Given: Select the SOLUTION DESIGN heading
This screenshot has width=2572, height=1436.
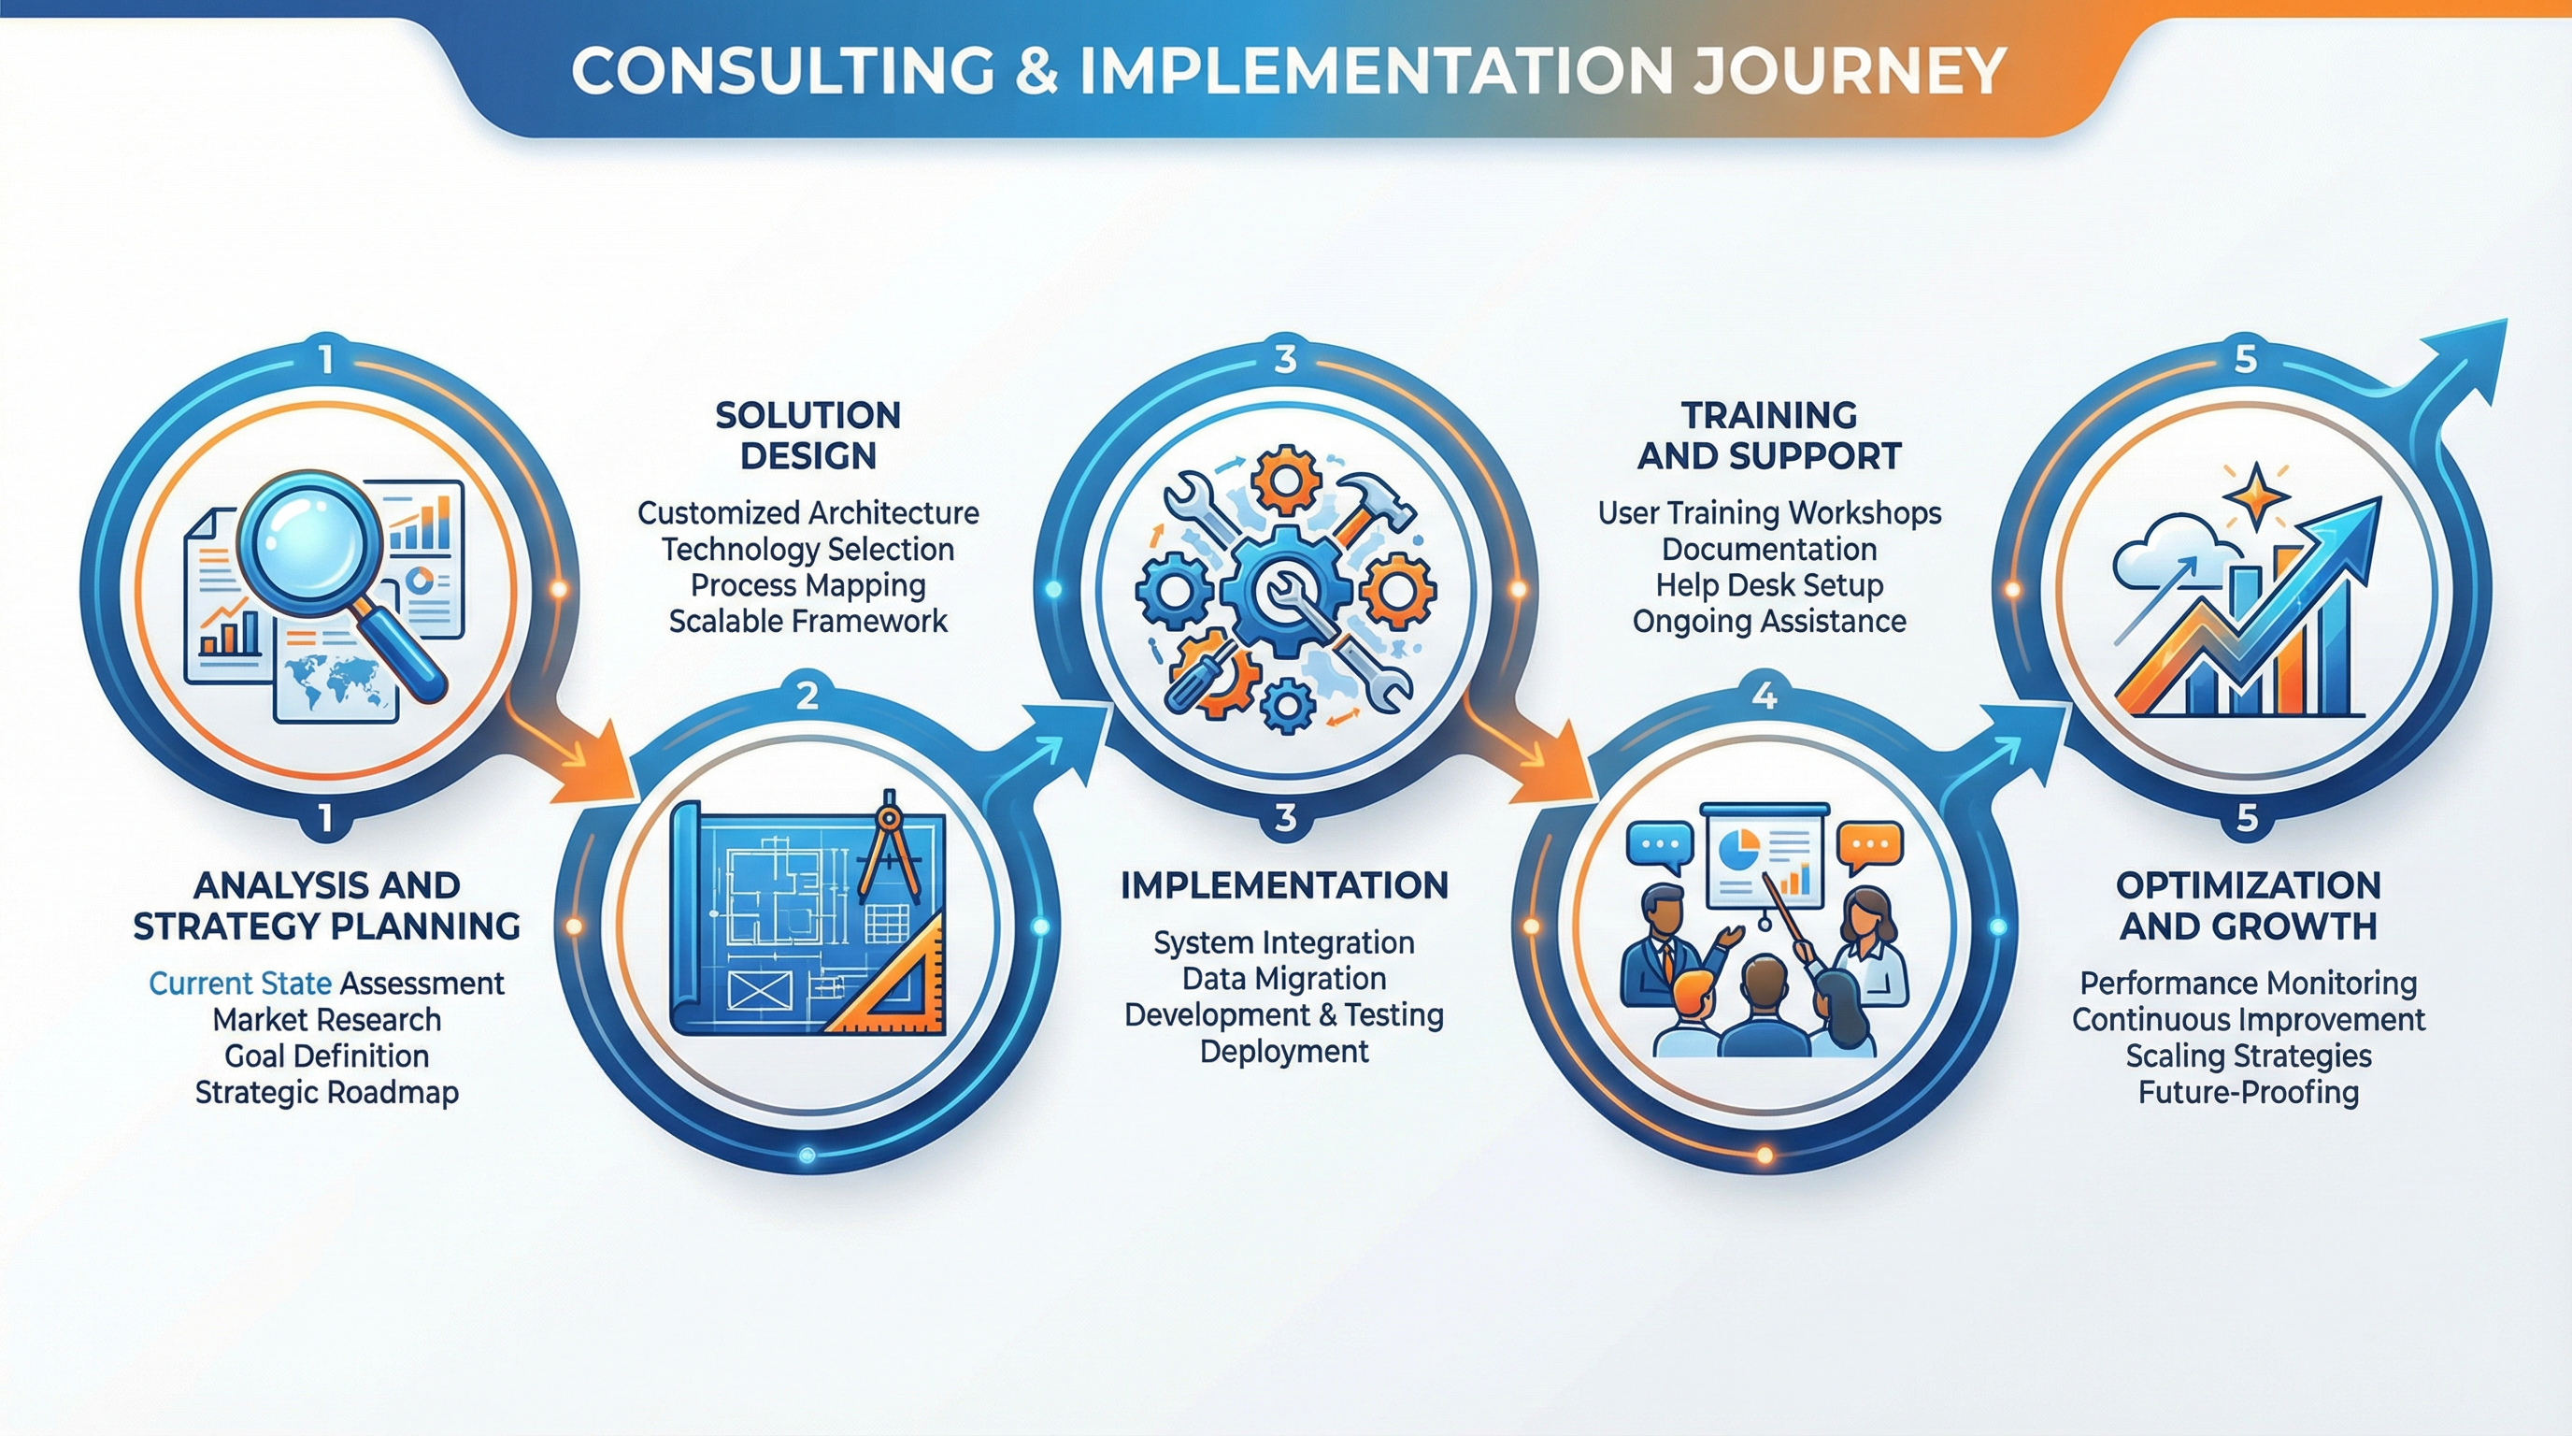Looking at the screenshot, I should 807,436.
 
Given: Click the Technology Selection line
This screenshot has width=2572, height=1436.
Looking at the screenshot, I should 807,549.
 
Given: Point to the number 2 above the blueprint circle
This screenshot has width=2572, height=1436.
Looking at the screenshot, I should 807,695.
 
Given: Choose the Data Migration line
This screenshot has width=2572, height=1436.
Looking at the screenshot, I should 1284,979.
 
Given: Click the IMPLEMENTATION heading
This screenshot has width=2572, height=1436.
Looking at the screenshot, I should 1284,885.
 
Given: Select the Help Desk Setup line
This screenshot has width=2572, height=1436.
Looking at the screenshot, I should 1769,585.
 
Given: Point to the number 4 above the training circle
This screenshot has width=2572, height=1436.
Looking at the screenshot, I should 1765,695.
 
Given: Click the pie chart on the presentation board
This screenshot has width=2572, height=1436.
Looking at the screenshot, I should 1739,851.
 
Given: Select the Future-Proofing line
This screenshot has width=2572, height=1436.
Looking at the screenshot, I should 2249,1093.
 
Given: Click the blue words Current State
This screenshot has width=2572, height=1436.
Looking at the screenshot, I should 239,984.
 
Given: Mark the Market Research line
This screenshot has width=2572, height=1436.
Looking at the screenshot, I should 326,1020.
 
